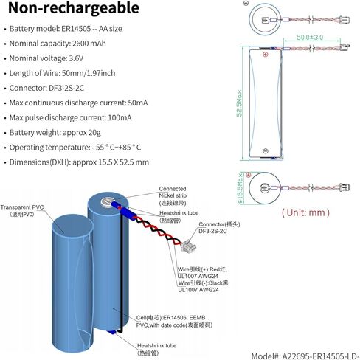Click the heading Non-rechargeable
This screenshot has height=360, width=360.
point(74,8)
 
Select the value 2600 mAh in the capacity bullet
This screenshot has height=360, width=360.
point(89,44)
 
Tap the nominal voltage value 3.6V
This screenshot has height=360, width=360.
point(76,58)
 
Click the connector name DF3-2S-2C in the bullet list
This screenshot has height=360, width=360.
point(66,88)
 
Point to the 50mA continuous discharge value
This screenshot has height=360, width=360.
point(138,103)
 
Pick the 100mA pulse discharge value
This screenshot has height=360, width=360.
point(120,118)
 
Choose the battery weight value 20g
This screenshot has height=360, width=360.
point(94,133)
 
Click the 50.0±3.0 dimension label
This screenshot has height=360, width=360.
point(310,38)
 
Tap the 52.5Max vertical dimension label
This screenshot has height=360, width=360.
point(239,103)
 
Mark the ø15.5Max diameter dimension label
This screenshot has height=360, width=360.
point(240,188)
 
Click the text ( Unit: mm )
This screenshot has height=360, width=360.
point(305,212)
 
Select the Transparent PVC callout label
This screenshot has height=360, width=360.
point(22,210)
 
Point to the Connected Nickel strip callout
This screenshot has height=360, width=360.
point(173,195)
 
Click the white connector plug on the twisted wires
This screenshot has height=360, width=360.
point(186,246)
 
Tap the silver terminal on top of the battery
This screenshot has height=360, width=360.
point(106,201)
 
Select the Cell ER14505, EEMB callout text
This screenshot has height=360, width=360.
point(170,318)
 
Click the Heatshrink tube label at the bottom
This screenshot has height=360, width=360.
point(156,349)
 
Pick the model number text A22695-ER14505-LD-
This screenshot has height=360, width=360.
point(321,356)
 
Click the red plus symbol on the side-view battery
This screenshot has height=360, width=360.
point(265,55)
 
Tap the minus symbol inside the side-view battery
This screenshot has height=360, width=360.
point(266,151)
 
